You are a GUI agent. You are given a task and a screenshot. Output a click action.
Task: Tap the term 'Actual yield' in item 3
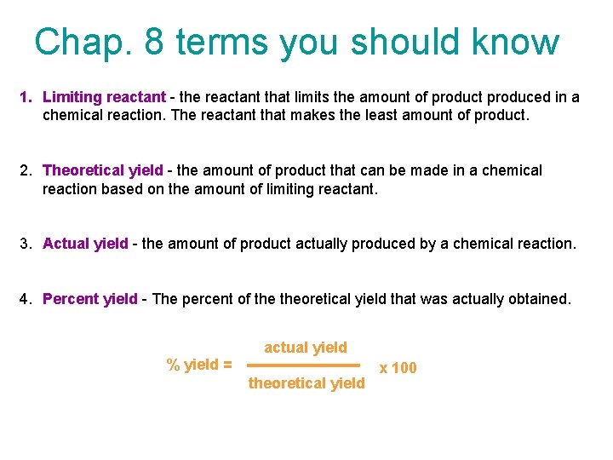coord(85,244)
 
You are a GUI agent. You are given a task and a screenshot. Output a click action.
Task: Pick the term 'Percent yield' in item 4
coord(89,299)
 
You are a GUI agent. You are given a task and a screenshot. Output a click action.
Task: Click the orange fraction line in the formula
coord(305,365)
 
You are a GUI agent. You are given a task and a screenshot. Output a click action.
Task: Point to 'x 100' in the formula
coord(398,368)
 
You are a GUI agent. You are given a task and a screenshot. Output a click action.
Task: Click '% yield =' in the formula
coord(199,365)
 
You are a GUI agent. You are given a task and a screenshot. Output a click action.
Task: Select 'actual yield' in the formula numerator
coord(306,348)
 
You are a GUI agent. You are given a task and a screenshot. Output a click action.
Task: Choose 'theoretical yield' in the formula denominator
coord(306,383)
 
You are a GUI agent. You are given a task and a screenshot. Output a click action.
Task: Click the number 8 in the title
coord(155,42)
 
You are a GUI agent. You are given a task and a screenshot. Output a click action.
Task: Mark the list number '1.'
coord(26,98)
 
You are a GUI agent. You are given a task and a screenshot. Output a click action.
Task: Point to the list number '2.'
coord(26,170)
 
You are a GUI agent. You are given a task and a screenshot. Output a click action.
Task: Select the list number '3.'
coord(26,244)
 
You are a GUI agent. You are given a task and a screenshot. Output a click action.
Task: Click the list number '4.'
coord(26,299)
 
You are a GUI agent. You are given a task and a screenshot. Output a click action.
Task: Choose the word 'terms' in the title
coord(225,42)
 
